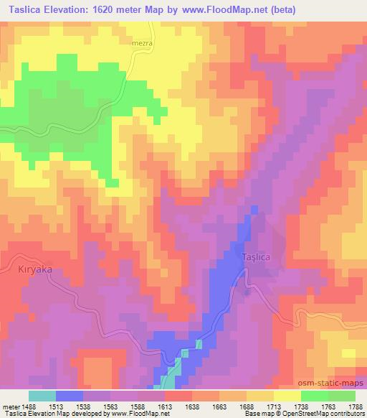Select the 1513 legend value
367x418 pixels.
click(x=64, y=405)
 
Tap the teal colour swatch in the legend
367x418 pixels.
click(x=42, y=396)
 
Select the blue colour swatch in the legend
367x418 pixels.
click(x=70, y=396)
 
